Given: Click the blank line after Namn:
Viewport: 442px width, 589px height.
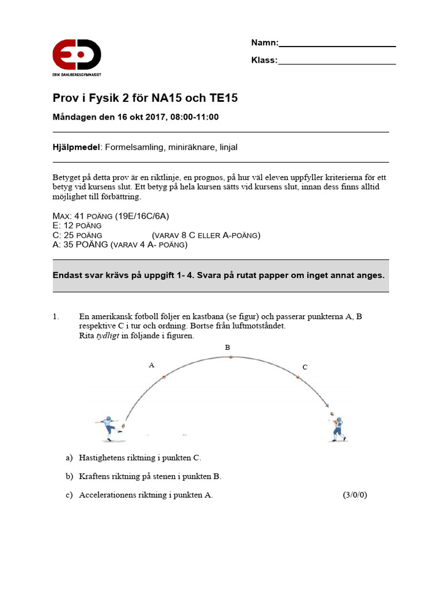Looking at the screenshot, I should [x=337, y=44].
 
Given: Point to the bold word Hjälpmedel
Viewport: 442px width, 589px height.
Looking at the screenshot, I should [x=77, y=147].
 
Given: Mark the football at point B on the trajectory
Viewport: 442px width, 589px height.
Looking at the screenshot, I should [x=230, y=357].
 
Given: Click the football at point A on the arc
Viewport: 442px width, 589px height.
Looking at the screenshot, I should [x=164, y=377].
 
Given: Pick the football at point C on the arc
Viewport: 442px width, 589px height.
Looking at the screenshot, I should [x=298, y=377].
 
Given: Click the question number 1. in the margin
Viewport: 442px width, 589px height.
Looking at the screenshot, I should [x=56, y=317].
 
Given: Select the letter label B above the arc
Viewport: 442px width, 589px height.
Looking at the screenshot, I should [x=227, y=347].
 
